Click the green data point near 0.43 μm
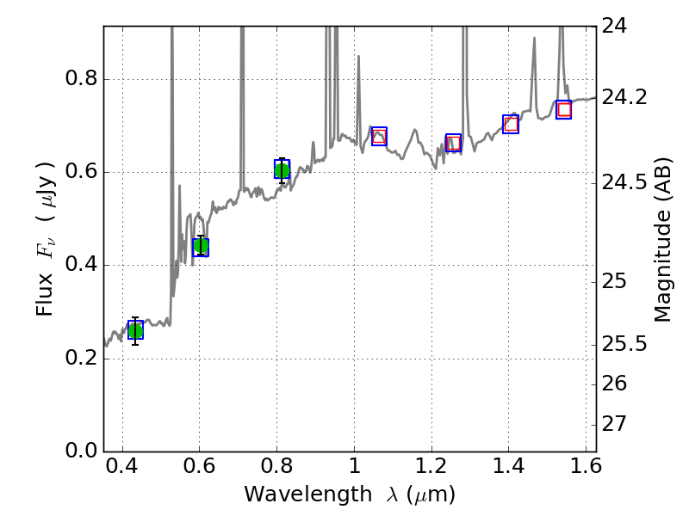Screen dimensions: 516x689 point(135,330)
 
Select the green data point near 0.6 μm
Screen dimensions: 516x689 point(201,247)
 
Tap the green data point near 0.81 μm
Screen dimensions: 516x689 point(282,169)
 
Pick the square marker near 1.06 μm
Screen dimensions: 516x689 point(379,136)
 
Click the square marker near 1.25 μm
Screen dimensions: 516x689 point(453,143)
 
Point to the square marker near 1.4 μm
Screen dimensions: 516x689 point(511,124)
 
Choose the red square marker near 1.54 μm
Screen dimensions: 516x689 point(564,109)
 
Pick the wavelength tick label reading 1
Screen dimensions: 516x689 point(354,469)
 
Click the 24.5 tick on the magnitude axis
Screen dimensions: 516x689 point(626,182)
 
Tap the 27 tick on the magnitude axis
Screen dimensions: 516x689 point(618,424)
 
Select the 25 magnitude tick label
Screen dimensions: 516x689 point(618,282)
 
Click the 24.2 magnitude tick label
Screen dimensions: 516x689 point(626,98)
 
